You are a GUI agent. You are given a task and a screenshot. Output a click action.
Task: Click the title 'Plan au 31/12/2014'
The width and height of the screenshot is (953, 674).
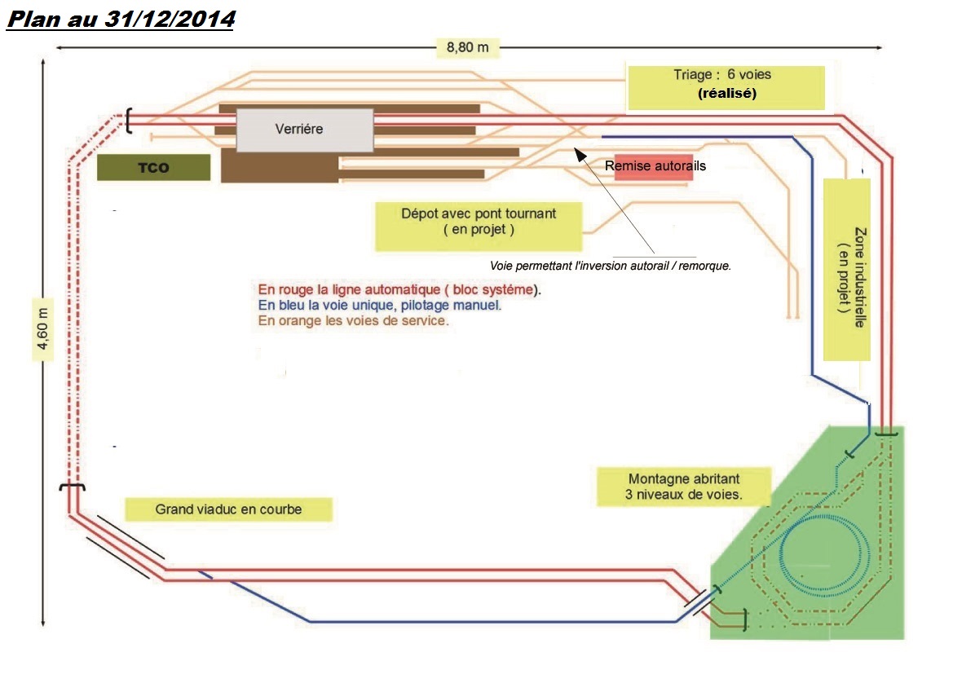coord(120,20)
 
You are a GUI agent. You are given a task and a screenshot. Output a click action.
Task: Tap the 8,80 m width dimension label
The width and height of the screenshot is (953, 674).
coord(467,47)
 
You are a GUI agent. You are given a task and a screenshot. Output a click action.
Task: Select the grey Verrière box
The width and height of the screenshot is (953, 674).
coord(305,130)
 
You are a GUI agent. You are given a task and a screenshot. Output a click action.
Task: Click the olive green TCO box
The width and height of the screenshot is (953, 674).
coord(153,168)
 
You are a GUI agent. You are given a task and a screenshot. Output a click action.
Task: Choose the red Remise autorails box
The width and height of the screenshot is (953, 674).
coord(655,166)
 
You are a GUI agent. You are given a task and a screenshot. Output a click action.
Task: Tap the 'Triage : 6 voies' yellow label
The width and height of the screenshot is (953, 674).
coord(722,75)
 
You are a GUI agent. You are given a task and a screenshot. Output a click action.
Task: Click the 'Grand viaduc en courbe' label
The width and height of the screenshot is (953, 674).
coord(228,510)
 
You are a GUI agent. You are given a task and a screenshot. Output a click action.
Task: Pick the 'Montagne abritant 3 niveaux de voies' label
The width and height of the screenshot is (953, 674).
coord(683,487)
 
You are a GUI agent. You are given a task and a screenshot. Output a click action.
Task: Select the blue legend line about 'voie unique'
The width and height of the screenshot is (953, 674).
coord(379,305)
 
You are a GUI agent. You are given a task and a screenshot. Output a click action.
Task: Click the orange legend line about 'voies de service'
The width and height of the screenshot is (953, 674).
coord(354,320)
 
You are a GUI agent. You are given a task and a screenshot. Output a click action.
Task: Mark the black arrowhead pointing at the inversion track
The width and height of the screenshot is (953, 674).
coord(578,152)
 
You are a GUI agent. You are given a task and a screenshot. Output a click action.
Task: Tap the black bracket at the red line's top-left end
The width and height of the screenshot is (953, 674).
coord(128,121)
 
